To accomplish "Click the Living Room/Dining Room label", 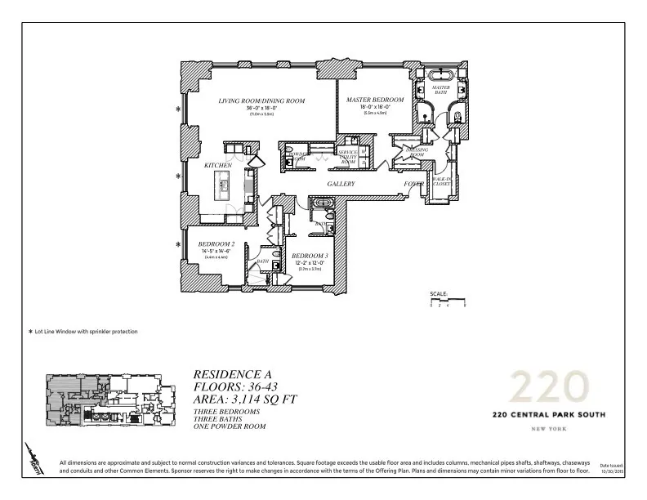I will click(x=261, y=100).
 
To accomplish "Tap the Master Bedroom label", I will click(x=368, y=100).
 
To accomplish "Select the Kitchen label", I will click(x=218, y=165).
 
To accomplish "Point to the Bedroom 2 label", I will click(x=216, y=244).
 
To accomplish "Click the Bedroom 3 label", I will click(x=310, y=256).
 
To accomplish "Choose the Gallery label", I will click(x=341, y=185).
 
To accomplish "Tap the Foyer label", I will click(x=414, y=185).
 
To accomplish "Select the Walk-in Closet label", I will click(x=442, y=181).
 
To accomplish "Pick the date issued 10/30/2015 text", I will click(x=612, y=470).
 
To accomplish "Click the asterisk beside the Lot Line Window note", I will click(x=30, y=332).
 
